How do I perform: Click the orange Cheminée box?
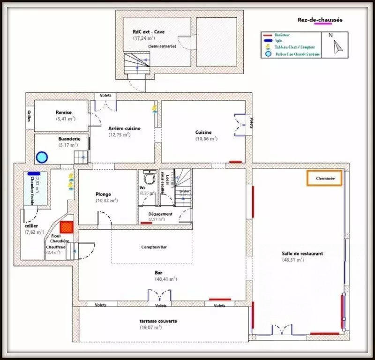324,179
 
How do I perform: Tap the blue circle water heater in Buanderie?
42,157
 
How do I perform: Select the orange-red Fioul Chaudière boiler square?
67,227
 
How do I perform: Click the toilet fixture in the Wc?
150,178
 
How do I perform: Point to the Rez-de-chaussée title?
320,20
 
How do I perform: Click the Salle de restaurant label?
302,254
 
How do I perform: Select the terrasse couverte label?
158,321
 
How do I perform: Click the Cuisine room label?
203,132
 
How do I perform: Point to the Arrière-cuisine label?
124,128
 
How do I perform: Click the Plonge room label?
103,194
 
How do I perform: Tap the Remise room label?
64,112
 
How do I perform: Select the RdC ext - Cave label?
149,32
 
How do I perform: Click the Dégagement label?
160,214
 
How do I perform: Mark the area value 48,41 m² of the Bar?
165,279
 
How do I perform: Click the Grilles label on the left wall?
29,116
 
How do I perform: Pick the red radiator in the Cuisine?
235,162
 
